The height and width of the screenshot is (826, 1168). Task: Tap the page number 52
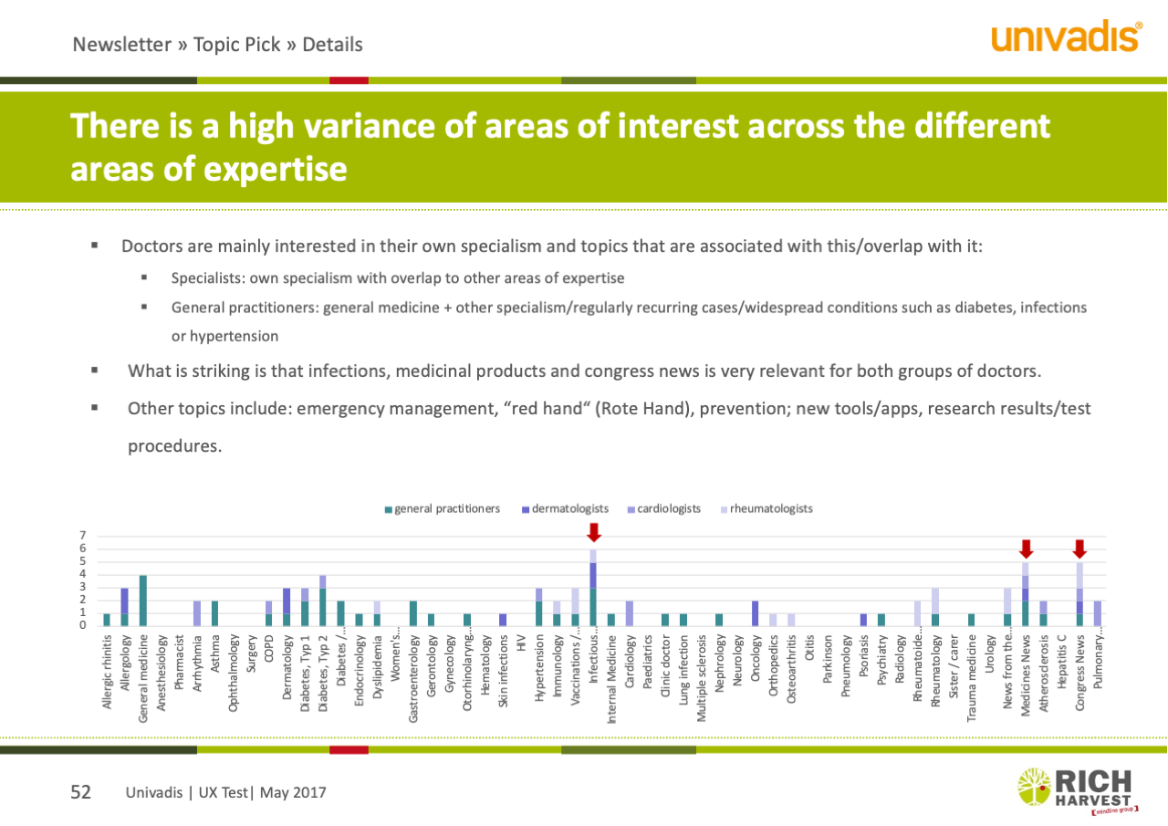[x=81, y=792]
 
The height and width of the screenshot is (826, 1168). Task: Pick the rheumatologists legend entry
[x=766, y=508]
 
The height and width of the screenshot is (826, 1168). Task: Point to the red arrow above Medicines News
[x=1026, y=549]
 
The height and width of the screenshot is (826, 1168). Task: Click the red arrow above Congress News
[x=1079, y=549]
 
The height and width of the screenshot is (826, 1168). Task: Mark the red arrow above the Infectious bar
[x=594, y=532]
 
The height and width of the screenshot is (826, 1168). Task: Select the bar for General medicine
[x=142, y=601]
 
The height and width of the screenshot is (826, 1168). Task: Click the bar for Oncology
[x=756, y=613]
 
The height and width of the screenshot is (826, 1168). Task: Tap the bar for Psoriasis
[x=863, y=620]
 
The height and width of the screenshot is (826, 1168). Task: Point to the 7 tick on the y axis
[x=82, y=536]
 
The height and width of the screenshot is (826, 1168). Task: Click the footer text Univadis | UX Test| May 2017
[x=225, y=793]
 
